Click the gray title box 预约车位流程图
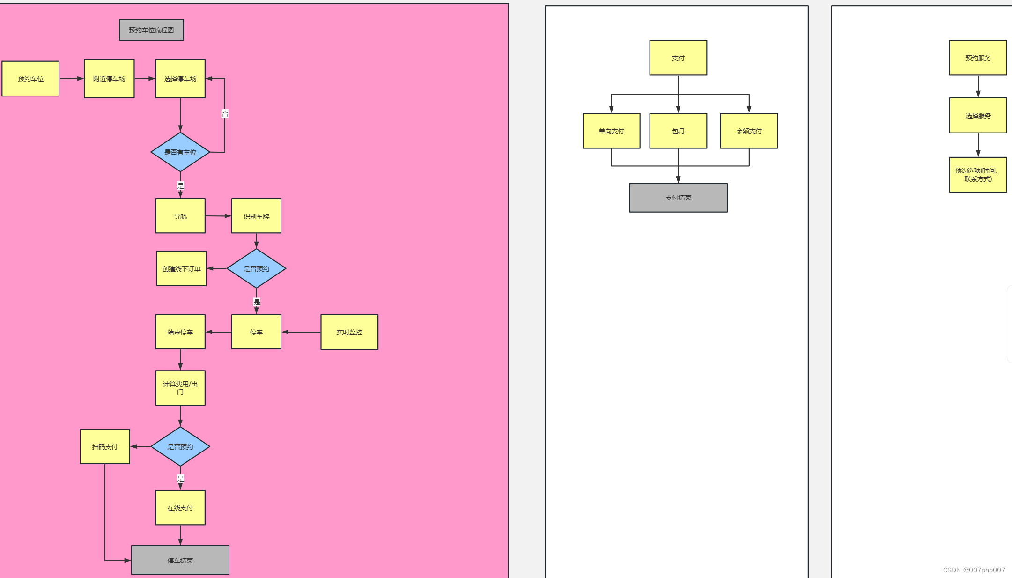[151, 30]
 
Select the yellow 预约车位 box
[30, 79]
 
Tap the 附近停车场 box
[109, 79]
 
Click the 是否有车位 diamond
[180, 152]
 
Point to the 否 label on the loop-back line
[225, 114]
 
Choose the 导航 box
[180, 216]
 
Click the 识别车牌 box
[256, 216]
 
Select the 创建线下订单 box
[181, 269]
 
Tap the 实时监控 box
[349, 332]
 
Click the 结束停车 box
[180, 332]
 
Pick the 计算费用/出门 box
[180, 388]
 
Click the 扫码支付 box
[105, 447]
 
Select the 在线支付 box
[180, 508]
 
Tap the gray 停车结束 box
[180, 560]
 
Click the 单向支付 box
[611, 131]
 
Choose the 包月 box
[678, 131]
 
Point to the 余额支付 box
[749, 131]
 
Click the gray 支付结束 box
[678, 198]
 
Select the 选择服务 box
[978, 116]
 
